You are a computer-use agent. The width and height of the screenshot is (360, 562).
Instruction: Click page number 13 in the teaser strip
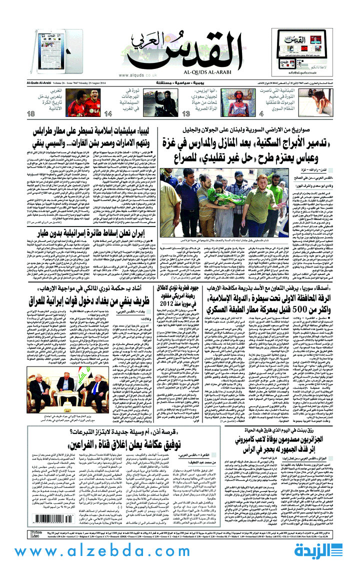(x=186, y=114)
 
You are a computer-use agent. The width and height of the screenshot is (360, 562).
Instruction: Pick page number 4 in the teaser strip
(x=261, y=114)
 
